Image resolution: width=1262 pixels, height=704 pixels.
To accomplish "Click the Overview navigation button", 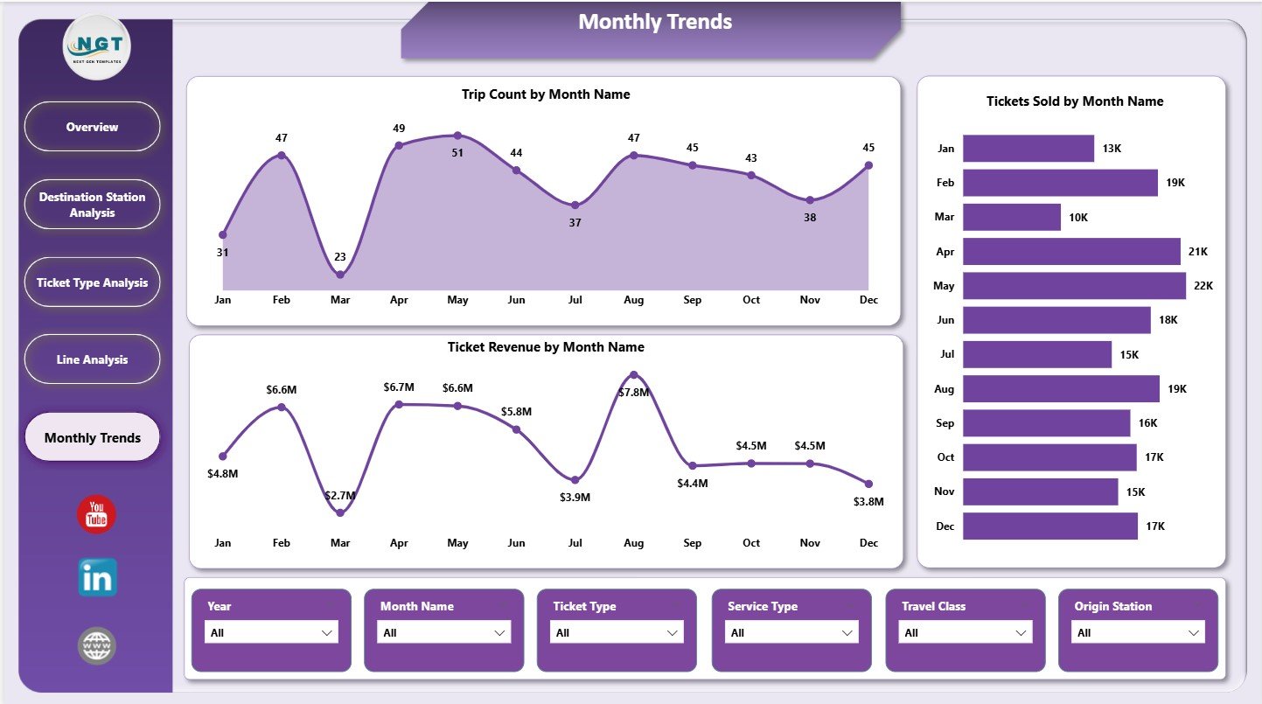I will (x=92, y=127).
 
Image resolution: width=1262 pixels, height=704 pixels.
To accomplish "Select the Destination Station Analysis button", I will (x=92, y=205).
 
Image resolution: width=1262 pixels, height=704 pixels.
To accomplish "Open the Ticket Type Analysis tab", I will (x=92, y=282).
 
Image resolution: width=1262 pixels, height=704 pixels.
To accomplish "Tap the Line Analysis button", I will (x=92, y=359).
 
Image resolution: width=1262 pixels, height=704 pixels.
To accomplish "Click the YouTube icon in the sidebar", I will (x=96, y=514).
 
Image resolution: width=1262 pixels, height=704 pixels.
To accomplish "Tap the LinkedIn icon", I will (x=96, y=578).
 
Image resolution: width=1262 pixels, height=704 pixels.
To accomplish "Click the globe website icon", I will (x=96, y=646).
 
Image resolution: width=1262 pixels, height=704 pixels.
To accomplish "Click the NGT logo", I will (x=96, y=47).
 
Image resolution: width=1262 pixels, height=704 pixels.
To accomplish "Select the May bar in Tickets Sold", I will (x=1074, y=286).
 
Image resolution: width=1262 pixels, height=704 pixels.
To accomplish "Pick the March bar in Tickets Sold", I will (x=1011, y=217).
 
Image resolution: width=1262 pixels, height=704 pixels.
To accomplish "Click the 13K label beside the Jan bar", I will (x=1112, y=149).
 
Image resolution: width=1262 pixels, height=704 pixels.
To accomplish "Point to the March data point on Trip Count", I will (x=340, y=275).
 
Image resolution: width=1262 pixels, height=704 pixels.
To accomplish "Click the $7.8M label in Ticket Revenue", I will (x=633, y=393).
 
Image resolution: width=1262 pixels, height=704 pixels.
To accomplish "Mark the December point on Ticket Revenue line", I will (x=868, y=484).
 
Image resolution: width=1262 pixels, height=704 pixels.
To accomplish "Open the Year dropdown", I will (x=271, y=632).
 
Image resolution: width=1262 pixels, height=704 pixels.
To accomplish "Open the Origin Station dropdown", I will (x=1139, y=632).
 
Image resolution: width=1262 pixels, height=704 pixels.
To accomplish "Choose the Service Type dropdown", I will (x=792, y=632).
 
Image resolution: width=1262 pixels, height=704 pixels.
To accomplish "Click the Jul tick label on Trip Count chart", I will (x=575, y=300).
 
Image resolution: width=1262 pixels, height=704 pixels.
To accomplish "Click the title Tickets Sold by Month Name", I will (x=1075, y=101).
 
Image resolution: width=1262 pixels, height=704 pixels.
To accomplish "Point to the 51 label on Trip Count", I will (x=457, y=153).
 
